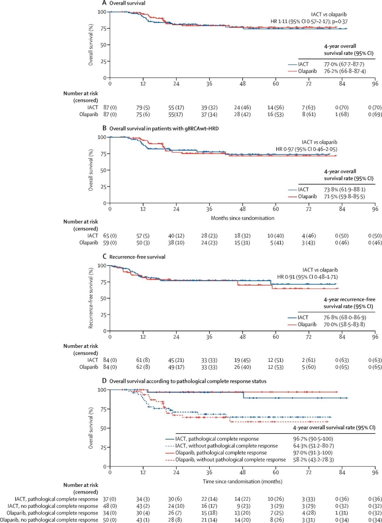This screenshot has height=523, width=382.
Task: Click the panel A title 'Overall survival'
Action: [x=127, y=3]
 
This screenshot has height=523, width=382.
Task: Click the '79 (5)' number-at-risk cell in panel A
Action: [x=143, y=107]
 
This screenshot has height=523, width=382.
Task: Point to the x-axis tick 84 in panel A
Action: [x=342, y=83]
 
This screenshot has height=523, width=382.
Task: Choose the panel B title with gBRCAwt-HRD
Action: [x=164, y=128]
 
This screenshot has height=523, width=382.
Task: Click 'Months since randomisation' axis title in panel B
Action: [x=242, y=218]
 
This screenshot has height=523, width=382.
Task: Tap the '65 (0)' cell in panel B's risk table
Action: [x=110, y=236]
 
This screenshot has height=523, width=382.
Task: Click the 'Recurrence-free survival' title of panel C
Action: [x=137, y=257]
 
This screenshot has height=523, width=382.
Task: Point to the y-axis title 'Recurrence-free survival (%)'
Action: [x=91, y=298]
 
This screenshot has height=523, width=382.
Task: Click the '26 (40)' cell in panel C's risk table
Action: [x=242, y=367]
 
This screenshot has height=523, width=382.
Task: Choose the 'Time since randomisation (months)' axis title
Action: [x=242, y=481]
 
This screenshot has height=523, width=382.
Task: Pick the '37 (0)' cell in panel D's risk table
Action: [x=110, y=499]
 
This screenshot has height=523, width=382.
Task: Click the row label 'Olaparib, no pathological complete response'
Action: [x=49, y=520]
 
